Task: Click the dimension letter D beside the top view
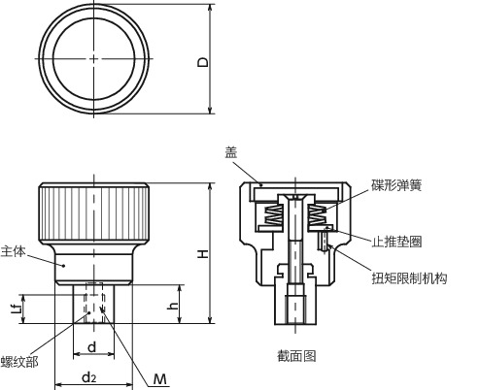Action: click(x=203, y=61)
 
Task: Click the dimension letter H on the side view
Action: click(x=203, y=253)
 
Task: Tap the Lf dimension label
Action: click(x=13, y=308)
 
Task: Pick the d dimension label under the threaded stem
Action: click(x=91, y=346)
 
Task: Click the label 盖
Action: click(x=230, y=151)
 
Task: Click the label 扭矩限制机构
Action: click(x=408, y=278)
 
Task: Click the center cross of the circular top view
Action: click(x=93, y=59)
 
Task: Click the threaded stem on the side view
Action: click(x=93, y=303)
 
